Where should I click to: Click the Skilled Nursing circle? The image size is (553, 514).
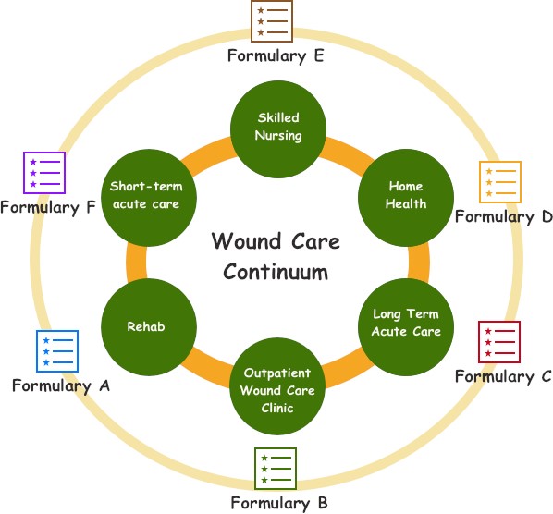coord(278,126)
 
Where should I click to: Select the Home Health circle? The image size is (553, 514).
coord(406,195)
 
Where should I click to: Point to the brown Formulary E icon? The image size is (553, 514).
coord(273,21)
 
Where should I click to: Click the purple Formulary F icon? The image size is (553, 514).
coord(44,173)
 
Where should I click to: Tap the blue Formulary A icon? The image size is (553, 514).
coord(56,351)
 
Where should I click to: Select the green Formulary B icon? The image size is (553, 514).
coord(276,469)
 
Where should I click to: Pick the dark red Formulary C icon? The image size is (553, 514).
coord(498,343)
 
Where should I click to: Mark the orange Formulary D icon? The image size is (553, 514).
coord(499,182)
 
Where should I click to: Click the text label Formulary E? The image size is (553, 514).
coord(276,55)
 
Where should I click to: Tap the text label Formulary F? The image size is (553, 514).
coord(47,207)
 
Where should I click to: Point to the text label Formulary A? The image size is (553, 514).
coord(60,385)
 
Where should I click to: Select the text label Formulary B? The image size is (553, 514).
coord(278,503)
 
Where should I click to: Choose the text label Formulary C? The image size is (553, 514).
coord(503,376)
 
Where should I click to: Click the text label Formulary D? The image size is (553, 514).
coord(503,216)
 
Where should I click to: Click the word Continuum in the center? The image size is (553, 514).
coord(276,273)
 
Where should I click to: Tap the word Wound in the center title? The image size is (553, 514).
coord(242,242)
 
